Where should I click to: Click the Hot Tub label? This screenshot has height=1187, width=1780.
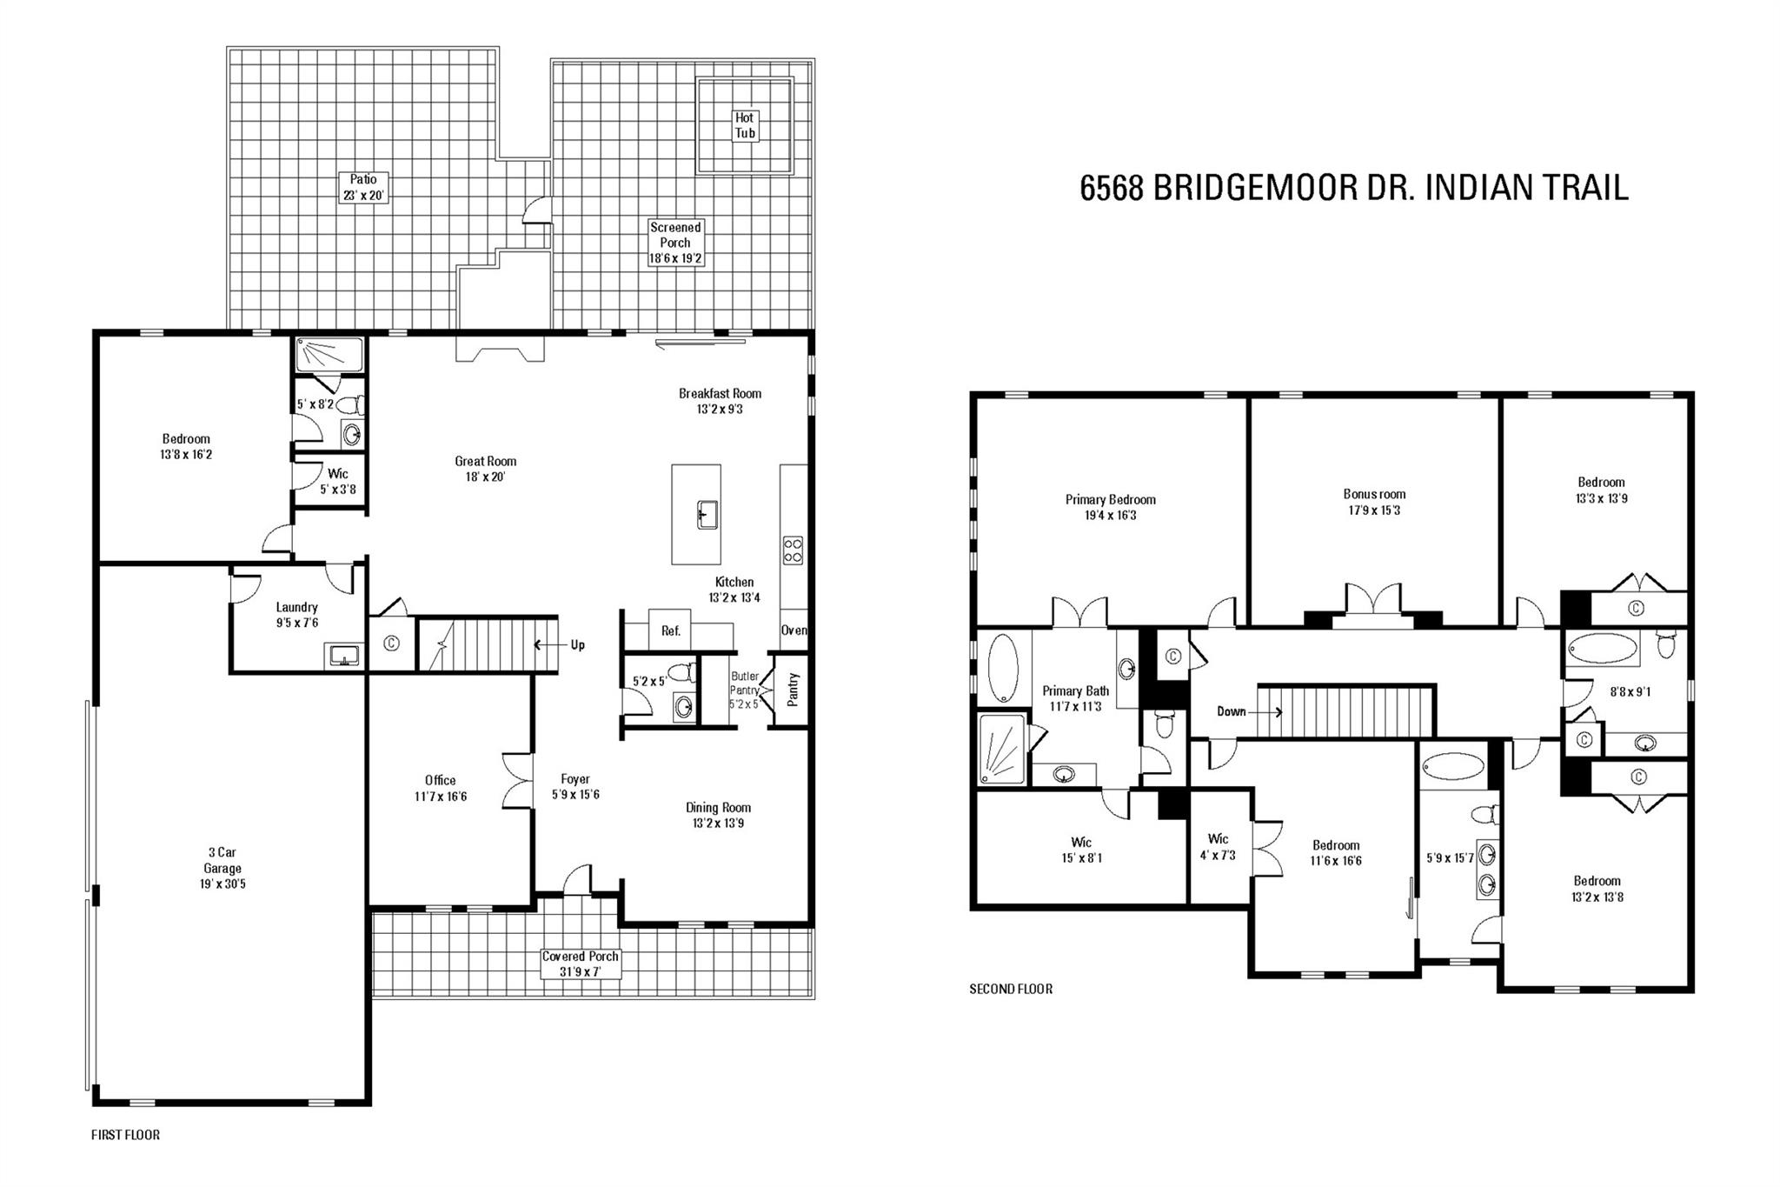click(x=745, y=125)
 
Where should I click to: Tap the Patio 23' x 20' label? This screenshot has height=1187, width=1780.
click(x=363, y=187)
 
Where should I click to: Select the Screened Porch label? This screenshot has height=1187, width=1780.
click(x=675, y=243)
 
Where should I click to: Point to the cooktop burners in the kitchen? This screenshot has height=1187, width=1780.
click(x=793, y=550)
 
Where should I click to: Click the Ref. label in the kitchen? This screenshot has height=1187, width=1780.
click(x=670, y=631)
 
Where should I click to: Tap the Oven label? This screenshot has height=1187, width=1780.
click(x=794, y=630)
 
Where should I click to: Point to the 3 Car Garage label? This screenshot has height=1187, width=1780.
click(x=222, y=868)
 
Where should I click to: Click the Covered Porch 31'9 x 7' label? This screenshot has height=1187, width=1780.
click(x=581, y=964)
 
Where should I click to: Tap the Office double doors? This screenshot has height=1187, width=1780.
click(x=519, y=781)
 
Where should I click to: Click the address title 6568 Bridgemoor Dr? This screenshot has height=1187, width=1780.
click(x=1353, y=187)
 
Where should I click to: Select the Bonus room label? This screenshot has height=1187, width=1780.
click(x=1374, y=502)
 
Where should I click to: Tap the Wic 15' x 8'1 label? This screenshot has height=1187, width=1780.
click(x=1081, y=850)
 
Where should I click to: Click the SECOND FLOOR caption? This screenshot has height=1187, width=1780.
click(x=1011, y=989)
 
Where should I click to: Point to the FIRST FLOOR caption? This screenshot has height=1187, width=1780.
click(x=125, y=1135)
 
